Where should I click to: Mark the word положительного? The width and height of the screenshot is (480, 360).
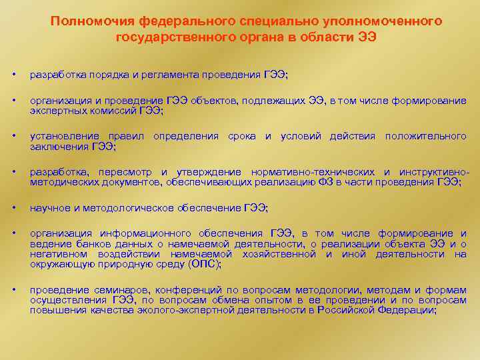[426, 137]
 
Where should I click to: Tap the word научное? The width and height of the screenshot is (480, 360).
[49, 208]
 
